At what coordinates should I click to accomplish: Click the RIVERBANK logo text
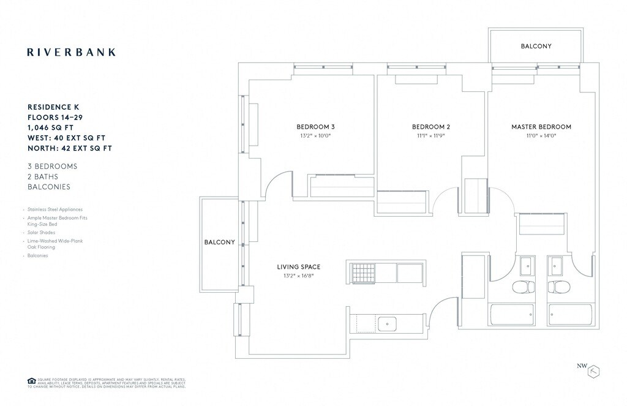pos(71,52)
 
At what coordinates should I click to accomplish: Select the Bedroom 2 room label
pos(431,127)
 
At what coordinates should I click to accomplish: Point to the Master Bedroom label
pos(541,127)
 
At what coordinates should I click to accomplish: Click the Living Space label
pos(298,266)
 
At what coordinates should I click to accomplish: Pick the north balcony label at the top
pos(536,46)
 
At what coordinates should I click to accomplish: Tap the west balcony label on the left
pos(219,242)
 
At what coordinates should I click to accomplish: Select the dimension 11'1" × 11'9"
pos(431,137)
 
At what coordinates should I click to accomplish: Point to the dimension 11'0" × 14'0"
pos(541,137)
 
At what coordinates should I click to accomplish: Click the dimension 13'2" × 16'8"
pos(298,276)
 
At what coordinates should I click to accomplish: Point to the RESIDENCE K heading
pos(58,106)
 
